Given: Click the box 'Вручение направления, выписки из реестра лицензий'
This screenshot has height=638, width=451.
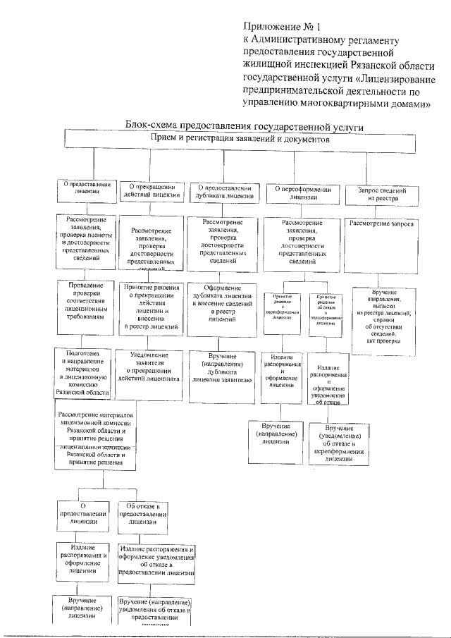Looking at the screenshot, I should (x=383, y=316).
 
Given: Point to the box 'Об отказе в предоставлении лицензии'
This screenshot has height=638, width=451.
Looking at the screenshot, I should (x=144, y=515).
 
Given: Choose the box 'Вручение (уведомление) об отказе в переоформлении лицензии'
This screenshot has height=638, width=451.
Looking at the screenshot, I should (x=340, y=442).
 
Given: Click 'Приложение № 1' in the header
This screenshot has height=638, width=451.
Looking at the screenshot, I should (x=271, y=28).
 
